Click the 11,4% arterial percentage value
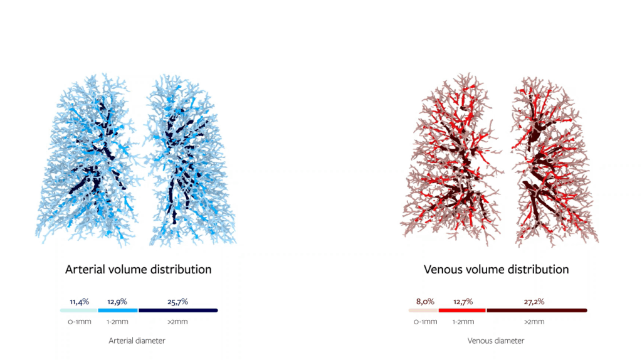[78, 302]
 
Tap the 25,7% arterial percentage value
[177, 302]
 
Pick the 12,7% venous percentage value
[462, 302]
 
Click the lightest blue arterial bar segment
[79, 310]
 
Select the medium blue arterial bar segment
[118, 310]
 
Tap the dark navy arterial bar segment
[178, 310]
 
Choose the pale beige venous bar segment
[423, 310]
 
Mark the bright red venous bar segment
[462, 310]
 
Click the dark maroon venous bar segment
[537, 310]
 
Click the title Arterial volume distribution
[139, 270]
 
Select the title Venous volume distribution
[497, 270]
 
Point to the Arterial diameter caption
[137, 341]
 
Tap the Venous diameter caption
[496, 341]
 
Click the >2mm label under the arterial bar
[178, 322]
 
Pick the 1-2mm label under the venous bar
[462, 322]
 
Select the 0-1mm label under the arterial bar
[79, 322]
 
